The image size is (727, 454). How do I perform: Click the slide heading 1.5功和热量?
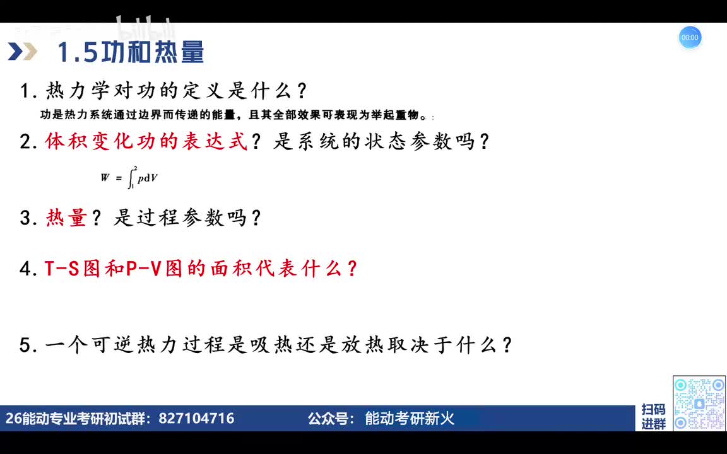[x=131, y=52]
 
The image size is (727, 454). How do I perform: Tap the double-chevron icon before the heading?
[x=23, y=52]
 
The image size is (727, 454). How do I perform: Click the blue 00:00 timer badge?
[x=690, y=37]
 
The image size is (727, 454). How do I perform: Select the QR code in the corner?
[x=699, y=404]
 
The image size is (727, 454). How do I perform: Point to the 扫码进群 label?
[x=653, y=417]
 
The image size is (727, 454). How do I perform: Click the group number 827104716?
[x=196, y=418]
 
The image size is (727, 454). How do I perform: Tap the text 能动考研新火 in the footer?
[x=410, y=418]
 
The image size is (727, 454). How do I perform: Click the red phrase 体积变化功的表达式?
[x=146, y=141]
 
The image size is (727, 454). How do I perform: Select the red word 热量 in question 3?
[x=66, y=218]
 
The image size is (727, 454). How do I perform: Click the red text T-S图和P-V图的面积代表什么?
[x=201, y=269]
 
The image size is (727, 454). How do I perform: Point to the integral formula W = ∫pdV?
[x=129, y=177]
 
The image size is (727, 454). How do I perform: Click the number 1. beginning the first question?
[x=28, y=91]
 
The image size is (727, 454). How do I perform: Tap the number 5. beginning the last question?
[x=28, y=346]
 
